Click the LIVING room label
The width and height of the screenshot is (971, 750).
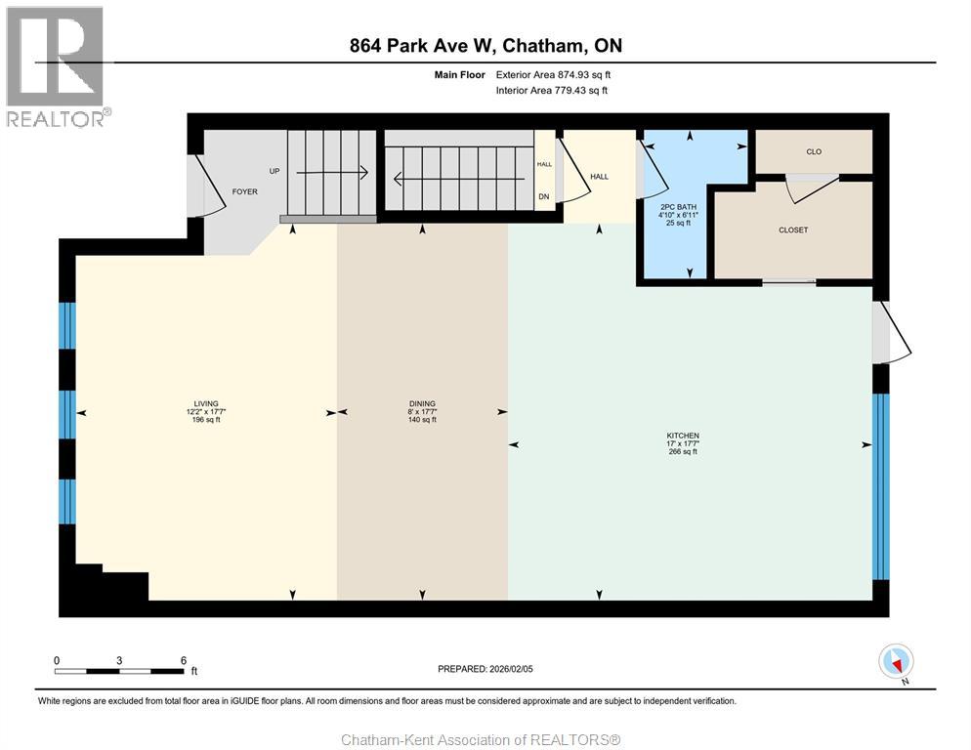tap(206, 403)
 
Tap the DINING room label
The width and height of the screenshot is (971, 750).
tap(422, 403)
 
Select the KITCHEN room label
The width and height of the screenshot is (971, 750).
tap(683, 436)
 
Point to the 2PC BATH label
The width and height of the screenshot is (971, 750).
tap(679, 207)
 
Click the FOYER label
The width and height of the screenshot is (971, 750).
tap(244, 192)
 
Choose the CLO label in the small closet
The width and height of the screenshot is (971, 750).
tap(814, 151)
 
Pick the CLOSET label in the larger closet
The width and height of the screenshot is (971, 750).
tap(793, 229)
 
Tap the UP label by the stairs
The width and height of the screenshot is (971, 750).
tap(274, 171)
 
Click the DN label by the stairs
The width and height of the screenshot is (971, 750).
tap(544, 197)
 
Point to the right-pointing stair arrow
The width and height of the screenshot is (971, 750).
tap(332, 173)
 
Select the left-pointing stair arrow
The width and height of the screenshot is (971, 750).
tap(459, 179)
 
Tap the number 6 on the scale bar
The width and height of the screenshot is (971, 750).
tap(184, 660)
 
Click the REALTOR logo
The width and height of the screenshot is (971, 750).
tap(57, 66)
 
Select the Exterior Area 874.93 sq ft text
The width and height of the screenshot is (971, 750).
tap(553, 75)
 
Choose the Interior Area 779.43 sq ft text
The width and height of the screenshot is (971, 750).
tap(552, 91)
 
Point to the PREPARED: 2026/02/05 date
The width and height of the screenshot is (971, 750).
tap(485, 669)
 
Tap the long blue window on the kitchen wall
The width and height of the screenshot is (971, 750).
tap(880, 486)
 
